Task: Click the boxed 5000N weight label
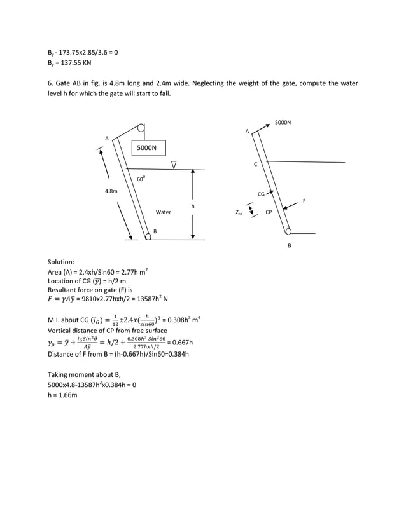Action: coord(147,147)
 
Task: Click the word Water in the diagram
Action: coord(164,212)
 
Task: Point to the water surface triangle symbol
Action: coord(173,165)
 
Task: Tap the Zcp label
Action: coord(239,214)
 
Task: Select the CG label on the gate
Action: coord(261,194)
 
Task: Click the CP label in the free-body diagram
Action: coord(269,212)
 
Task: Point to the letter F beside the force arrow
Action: coord(304,201)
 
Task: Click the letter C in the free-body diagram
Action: coord(255,164)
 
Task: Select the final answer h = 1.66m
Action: coord(62,395)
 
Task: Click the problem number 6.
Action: coord(50,83)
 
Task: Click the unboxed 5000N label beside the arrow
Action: coord(283,121)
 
